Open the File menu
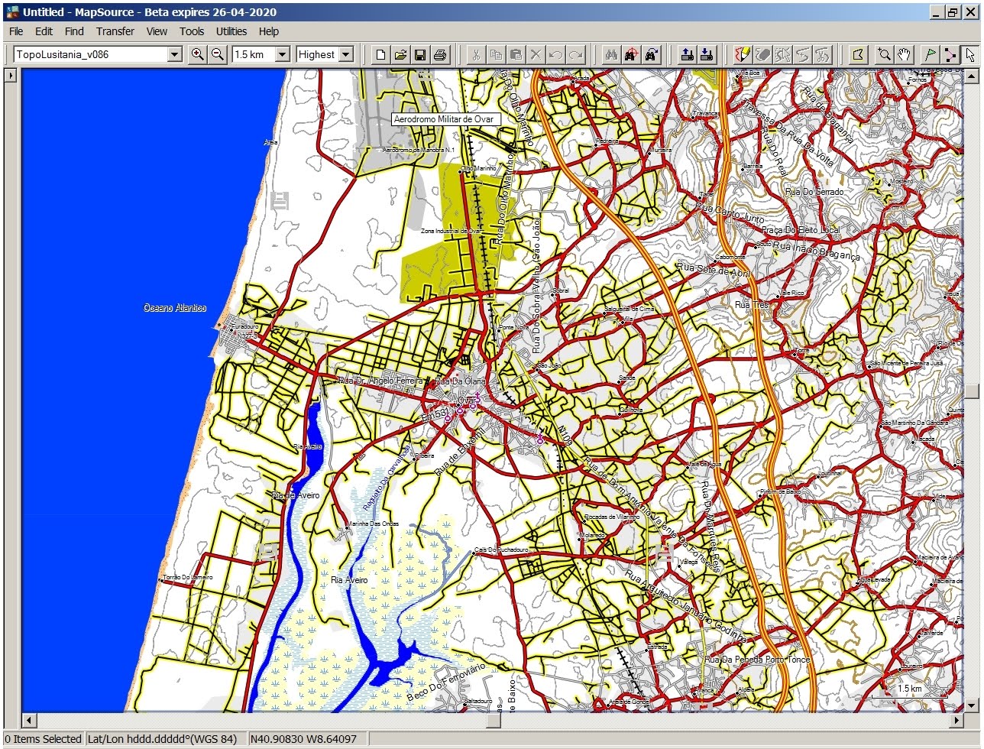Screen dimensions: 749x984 click(x=15, y=31)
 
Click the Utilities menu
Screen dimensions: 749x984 click(x=231, y=31)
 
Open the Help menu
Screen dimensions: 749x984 click(x=268, y=31)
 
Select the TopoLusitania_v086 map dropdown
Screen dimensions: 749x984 click(x=98, y=54)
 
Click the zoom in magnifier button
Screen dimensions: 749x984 click(x=198, y=54)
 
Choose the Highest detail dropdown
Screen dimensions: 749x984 click(x=325, y=54)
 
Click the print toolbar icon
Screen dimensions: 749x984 click(x=440, y=54)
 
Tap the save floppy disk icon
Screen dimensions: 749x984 click(x=420, y=54)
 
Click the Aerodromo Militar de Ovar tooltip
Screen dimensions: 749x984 click(x=445, y=119)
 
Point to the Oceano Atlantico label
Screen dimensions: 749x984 click(x=175, y=307)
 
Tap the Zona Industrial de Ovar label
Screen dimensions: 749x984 click(x=452, y=230)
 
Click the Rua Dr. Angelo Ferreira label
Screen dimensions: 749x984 click(x=380, y=380)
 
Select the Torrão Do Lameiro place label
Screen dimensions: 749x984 click(x=188, y=577)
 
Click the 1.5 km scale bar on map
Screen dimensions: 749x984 click(x=908, y=689)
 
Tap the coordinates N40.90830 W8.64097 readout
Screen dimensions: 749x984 click(x=303, y=739)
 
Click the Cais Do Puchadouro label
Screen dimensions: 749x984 click(x=501, y=550)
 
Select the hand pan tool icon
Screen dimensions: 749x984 click(x=904, y=54)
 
